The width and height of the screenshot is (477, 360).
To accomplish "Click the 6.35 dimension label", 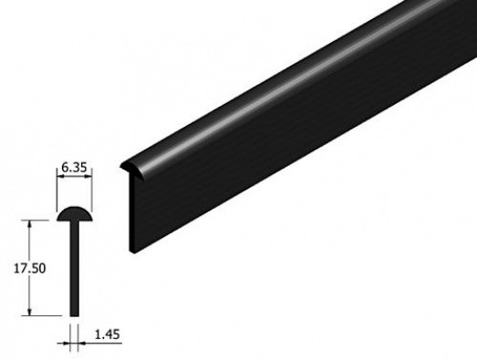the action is coord(74,168).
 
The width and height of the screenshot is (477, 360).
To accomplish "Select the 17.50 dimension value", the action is coord(30,269).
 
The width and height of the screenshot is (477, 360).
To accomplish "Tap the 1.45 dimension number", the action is coord(108,334).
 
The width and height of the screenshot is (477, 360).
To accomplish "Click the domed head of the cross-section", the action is coord(74,214).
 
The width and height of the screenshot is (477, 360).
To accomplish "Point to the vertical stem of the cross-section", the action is coord(74,269).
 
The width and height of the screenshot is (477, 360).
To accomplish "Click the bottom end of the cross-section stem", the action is coord(74,316).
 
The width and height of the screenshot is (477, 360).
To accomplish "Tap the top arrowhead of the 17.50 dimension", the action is coord(29,224).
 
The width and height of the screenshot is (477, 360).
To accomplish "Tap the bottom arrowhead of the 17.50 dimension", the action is coord(29,312).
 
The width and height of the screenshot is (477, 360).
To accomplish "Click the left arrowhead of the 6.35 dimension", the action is coord(60,177).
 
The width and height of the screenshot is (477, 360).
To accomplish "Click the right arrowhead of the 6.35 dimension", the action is coord(88,177).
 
